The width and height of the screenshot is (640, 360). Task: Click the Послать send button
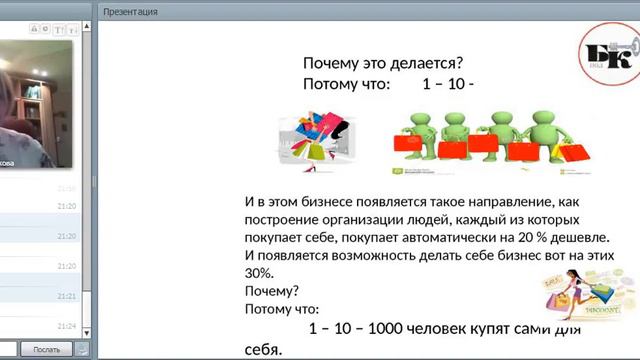tap(46, 350)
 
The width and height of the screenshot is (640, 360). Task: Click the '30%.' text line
tap(259, 273)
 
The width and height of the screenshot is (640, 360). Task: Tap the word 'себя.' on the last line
tap(264, 349)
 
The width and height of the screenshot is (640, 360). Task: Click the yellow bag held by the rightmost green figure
tap(573, 153)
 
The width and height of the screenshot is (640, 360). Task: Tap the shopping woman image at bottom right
tap(589, 300)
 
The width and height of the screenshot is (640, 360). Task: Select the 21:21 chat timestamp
tap(67, 297)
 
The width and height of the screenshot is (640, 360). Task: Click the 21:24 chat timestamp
tap(67, 327)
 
